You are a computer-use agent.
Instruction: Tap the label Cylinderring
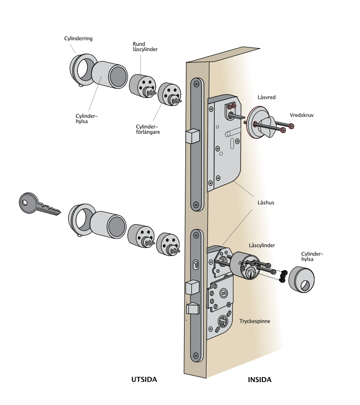coord(78,39)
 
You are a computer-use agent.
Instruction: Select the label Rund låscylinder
coord(145,47)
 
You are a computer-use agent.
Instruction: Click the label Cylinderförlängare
coord(148,130)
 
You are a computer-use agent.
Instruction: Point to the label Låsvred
coord(266,97)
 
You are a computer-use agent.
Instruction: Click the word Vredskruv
coord(301,115)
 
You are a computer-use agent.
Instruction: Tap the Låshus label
coord(266,202)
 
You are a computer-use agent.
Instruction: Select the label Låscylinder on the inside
coord(262,245)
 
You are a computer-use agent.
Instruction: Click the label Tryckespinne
coord(255,321)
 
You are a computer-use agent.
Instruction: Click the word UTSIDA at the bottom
coord(144,379)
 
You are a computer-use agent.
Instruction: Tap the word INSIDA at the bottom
coord(260,380)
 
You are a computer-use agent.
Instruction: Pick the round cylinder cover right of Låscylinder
coord(301,280)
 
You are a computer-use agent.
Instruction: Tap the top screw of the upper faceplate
coord(197,84)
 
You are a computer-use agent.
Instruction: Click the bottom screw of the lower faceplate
coord(196,356)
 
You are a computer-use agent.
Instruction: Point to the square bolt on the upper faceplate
coord(193,136)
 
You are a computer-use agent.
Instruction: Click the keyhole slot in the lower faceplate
coord(196,265)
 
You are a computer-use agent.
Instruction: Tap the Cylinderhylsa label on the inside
coord(312,256)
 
